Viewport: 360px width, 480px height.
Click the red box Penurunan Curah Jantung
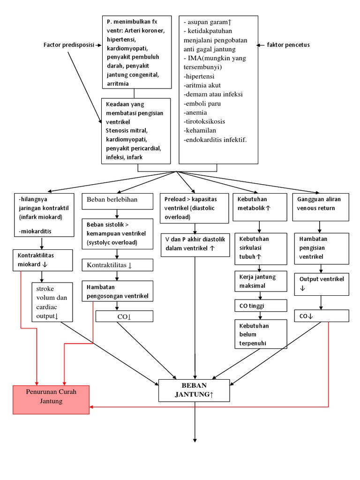pos(51,399)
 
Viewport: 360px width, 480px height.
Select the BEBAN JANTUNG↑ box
pos(194,390)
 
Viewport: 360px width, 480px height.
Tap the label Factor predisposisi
pos(68,45)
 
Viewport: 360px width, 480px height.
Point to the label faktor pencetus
pos(288,45)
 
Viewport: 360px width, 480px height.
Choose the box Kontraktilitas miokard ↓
pos(42,260)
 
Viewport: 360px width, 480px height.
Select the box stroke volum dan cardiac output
pos(52,302)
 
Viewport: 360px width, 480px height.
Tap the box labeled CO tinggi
pos(260,306)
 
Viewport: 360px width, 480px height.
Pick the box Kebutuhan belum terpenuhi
pos(260,334)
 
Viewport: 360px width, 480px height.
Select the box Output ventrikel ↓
pos(321,284)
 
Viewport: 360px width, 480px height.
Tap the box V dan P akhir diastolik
pos(195,244)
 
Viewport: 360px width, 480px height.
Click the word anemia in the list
pos(196,112)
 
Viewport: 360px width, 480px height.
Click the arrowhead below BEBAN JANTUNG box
pos(194,439)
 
